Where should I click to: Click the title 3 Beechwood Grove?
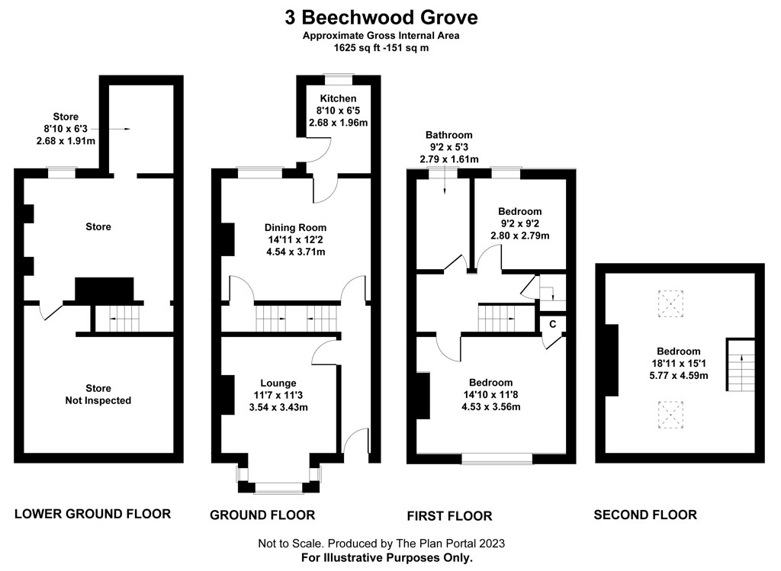(381, 17)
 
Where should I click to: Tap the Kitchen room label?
(338, 99)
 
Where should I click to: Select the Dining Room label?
(295, 227)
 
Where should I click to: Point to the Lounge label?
(278, 383)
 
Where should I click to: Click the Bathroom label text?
(449, 135)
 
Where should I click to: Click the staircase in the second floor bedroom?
(738, 365)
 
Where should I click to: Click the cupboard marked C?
(553, 324)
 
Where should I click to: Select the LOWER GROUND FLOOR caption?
(92, 514)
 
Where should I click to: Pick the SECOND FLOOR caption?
(645, 515)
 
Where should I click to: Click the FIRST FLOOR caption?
(449, 516)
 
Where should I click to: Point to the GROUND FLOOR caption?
(262, 515)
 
